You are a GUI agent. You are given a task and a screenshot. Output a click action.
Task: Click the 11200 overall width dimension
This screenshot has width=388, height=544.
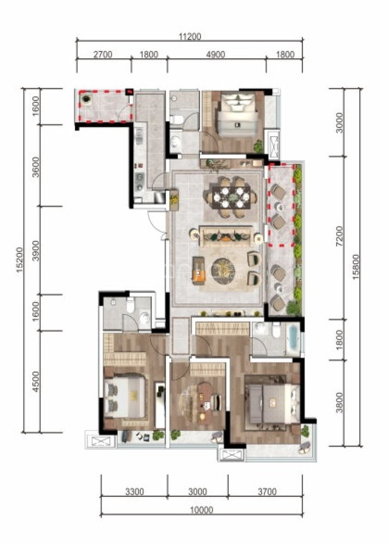pos(190,37)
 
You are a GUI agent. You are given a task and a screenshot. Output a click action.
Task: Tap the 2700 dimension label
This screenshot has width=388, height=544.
pos(103,55)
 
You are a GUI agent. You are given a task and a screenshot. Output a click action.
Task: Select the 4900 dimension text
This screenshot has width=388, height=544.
pos(216,55)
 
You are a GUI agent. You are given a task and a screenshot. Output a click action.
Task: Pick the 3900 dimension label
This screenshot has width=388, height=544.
pos(36,251)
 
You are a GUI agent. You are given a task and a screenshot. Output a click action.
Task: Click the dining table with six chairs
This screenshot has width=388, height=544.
pos(231,197)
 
